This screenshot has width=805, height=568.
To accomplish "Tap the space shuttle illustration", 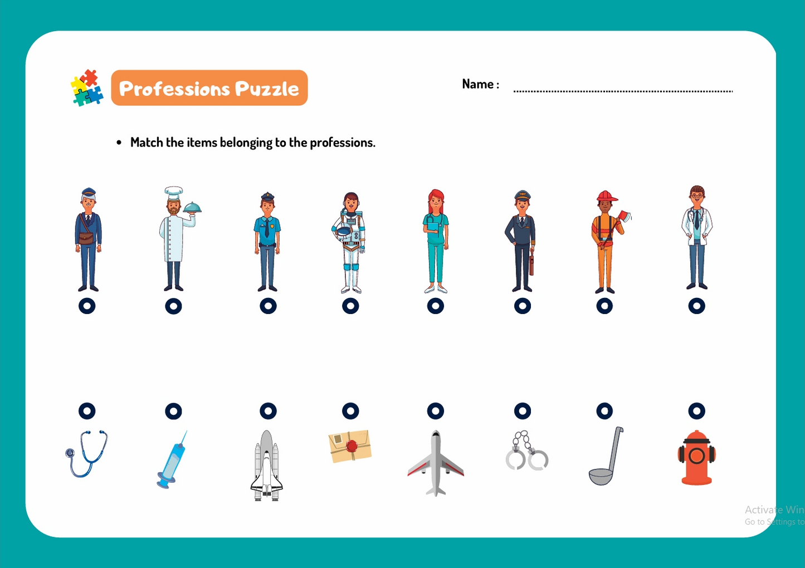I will (x=267, y=466).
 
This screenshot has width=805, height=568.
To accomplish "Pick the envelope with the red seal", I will (x=350, y=446).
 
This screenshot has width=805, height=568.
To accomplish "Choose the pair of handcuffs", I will (x=526, y=451).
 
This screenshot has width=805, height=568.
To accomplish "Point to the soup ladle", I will (x=606, y=457).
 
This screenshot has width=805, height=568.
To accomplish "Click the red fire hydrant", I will (x=696, y=457).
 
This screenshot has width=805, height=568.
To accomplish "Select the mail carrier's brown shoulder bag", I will (x=86, y=237).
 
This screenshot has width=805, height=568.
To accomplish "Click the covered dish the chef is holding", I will (x=192, y=208).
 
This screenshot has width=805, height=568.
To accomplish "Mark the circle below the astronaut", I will (x=350, y=306).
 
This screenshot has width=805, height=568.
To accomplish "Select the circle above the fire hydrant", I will (x=696, y=411).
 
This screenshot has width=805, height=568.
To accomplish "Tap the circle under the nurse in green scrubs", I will (x=436, y=306).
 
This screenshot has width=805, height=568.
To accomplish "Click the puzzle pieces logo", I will (x=87, y=88).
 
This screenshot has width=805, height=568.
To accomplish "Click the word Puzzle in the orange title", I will (x=266, y=89).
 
